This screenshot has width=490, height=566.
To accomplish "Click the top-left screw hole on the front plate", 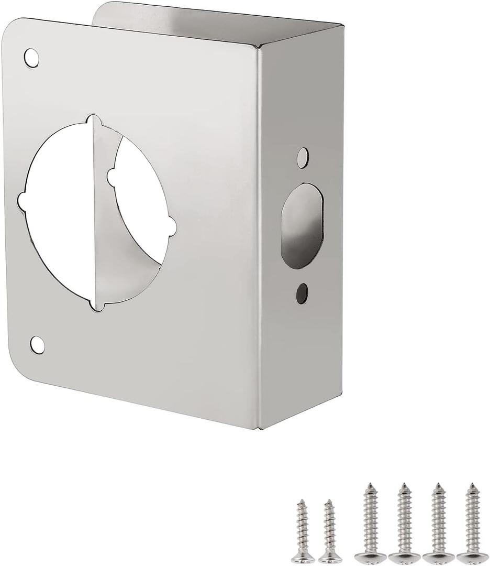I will click(31, 58).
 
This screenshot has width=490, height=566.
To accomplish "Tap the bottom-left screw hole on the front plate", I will click(37, 344).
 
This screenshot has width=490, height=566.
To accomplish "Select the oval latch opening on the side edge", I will click(302, 225).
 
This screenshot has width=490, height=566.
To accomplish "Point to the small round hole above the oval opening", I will click(303, 157).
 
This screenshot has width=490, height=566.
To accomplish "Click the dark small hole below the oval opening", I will click(302, 293).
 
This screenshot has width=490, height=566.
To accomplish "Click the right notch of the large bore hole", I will click(171, 226).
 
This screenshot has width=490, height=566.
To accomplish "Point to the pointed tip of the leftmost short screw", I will click(300, 502).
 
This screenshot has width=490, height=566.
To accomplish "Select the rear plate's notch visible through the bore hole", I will click(111, 177).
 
